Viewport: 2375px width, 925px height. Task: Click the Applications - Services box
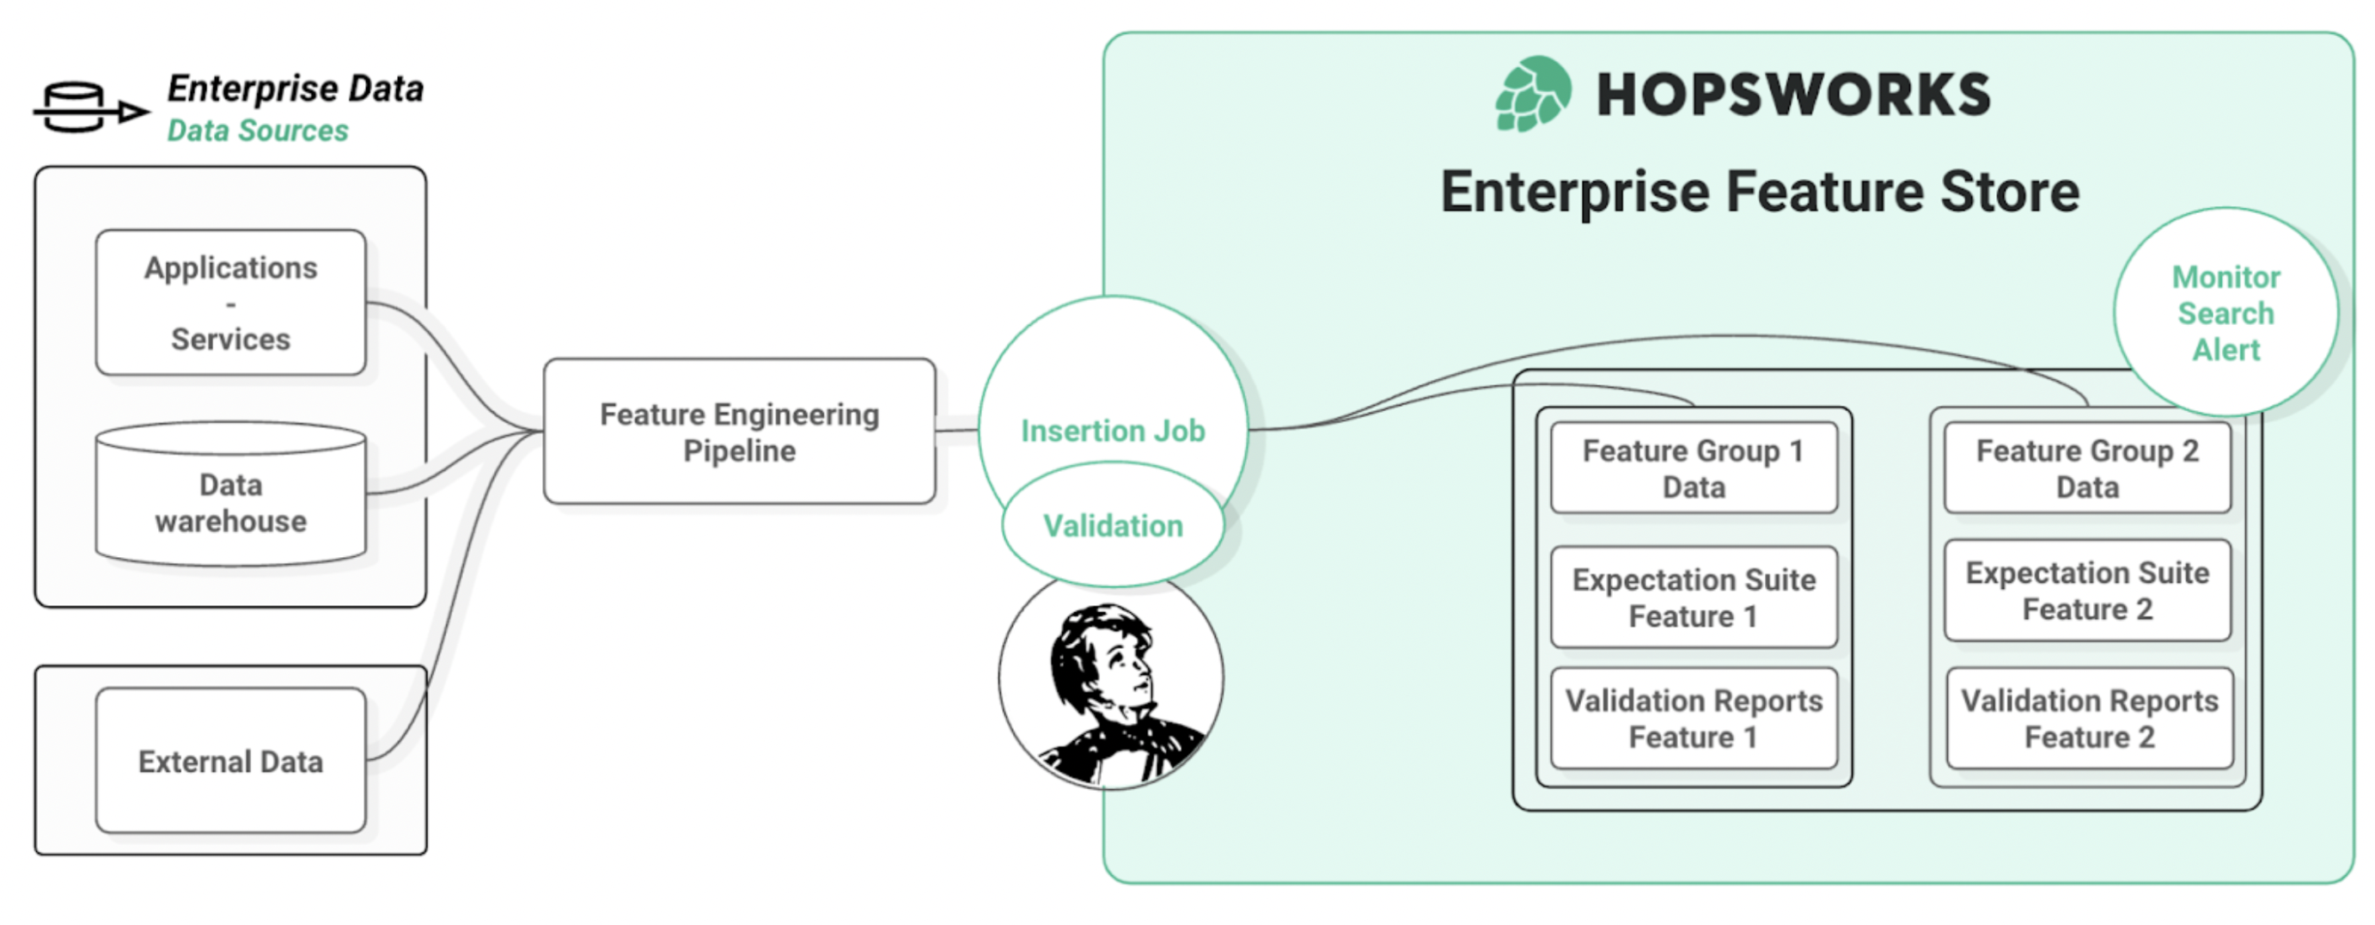[x=230, y=303]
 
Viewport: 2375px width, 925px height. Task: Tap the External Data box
[x=230, y=761]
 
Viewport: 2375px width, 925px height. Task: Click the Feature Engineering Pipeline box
[x=740, y=432]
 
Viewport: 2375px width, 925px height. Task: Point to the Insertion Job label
[x=1113, y=431]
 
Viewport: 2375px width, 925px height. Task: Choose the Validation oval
[x=1113, y=525]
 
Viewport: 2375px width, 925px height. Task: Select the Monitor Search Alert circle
[x=2225, y=313]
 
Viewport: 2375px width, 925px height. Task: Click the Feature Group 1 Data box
[x=1694, y=469]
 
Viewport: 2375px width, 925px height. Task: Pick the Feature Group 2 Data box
[x=2087, y=469]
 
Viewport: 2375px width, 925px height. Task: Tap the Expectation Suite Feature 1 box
[x=1694, y=597]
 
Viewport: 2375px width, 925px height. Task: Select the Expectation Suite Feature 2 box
[x=2087, y=591]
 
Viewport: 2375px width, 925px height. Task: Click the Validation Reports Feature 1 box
[x=1694, y=719]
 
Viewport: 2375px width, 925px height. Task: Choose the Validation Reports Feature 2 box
[x=2089, y=719]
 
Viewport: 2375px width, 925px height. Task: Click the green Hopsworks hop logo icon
[x=1532, y=94]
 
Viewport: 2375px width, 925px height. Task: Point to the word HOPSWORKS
[x=1793, y=95]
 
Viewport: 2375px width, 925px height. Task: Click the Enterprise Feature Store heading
[x=1760, y=192]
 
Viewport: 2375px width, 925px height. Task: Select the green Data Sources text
[x=257, y=131]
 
